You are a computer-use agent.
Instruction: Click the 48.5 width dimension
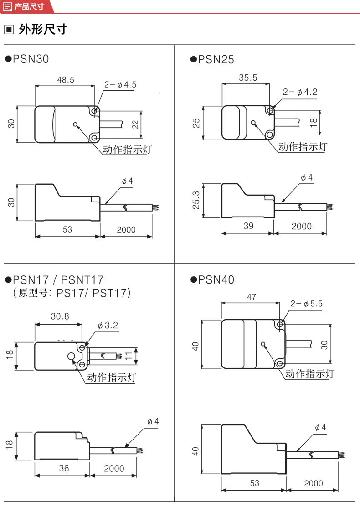(x=66, y=80)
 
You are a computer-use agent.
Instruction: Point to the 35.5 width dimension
(x=248, y=78)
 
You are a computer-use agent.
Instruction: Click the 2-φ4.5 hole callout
(x=120, y=84)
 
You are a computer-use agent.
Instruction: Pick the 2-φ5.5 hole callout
(x=306, y=304)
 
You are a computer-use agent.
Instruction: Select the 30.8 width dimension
(x=59, y=316)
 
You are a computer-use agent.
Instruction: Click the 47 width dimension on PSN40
(x=252, y=297)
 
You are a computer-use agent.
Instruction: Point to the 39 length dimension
(x=248, y=227)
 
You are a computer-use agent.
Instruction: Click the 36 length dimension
(x=64, y=468)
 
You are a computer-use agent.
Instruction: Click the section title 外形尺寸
(x=43, y=30)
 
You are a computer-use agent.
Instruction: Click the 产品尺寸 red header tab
(x=28, y=6)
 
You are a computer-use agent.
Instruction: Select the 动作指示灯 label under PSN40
(x=310, y=374)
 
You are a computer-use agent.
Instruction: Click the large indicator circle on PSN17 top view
(x=72, y=357)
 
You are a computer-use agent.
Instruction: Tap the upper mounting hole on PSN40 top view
(x=280, y=324)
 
